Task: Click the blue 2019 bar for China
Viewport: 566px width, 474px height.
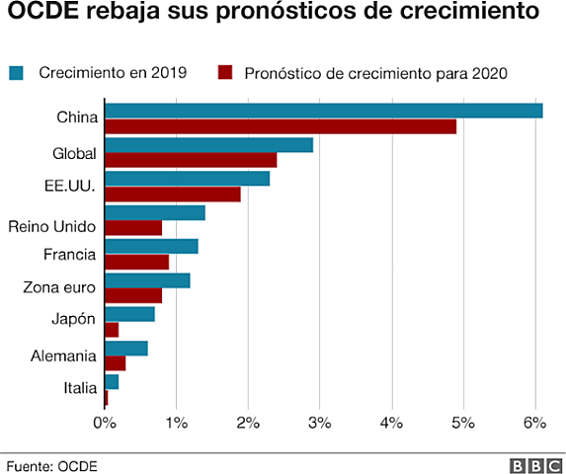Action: tap(323, 110)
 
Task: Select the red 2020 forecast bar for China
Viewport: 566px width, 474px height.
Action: tap(281, 126)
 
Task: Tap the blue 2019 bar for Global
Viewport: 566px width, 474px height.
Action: tap(208, 144)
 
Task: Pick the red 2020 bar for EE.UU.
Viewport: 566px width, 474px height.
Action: tap(172, 195)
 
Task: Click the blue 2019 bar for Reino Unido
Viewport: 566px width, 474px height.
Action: tap(154, 212)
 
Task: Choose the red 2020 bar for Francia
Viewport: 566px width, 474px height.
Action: tap(136, 262)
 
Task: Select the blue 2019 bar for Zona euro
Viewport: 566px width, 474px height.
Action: tap(147, 280)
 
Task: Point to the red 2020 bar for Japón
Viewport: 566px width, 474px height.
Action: tap(111, 330)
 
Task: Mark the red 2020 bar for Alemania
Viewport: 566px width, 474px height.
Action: tap(115, 363)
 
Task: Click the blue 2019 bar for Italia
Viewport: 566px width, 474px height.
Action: tap(111, 381)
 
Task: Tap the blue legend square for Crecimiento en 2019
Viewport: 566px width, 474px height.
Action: tap(17, 72)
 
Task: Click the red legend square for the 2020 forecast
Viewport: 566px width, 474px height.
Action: tap(224, 72)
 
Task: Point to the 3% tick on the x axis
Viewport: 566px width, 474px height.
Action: tap(320, 423)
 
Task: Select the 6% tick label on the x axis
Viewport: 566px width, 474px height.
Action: tap(534, 423)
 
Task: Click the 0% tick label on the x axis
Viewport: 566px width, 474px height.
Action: tap(104, 423)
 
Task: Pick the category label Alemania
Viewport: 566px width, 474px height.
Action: tap(65, 355)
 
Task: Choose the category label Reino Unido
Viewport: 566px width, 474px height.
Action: tap(51, 227)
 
